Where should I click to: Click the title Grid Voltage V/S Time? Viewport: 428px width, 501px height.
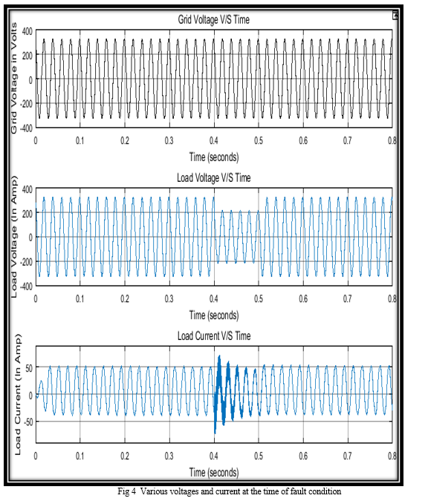(x=214, y=19)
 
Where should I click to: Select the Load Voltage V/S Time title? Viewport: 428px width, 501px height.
(x=214, y=177)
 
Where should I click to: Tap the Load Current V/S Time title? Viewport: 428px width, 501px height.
(x=214, y=335)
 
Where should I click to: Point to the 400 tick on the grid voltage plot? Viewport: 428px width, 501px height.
(x=27, y=31)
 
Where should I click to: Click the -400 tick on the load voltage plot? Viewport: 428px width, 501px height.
(x=26, y=286)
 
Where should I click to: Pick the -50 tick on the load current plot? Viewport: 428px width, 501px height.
(x=28, y=422)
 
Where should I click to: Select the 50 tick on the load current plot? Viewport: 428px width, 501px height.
(x=29, y=368)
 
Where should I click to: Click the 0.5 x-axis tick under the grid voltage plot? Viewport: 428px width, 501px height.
(x=259, y=140)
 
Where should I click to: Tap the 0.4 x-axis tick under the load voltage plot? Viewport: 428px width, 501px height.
(x=214, y=299)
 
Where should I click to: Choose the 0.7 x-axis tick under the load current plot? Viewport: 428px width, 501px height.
(x=348, y=456)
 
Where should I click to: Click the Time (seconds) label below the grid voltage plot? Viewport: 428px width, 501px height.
(x=214, y=157)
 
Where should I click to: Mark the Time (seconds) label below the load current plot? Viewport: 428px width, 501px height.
(x=214, y=472)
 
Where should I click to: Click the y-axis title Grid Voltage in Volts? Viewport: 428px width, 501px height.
(x=14, y=78)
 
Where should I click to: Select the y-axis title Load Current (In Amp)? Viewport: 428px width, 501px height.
(x=18, y=394)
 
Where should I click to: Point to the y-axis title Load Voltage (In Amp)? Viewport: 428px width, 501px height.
(x=14, y=237)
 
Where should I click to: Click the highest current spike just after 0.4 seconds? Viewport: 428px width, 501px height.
(x=219, y=356)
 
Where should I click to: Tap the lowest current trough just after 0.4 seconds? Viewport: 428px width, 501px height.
(x=215, y=432)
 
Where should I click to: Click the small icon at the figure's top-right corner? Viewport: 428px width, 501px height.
(x=395, y=15)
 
